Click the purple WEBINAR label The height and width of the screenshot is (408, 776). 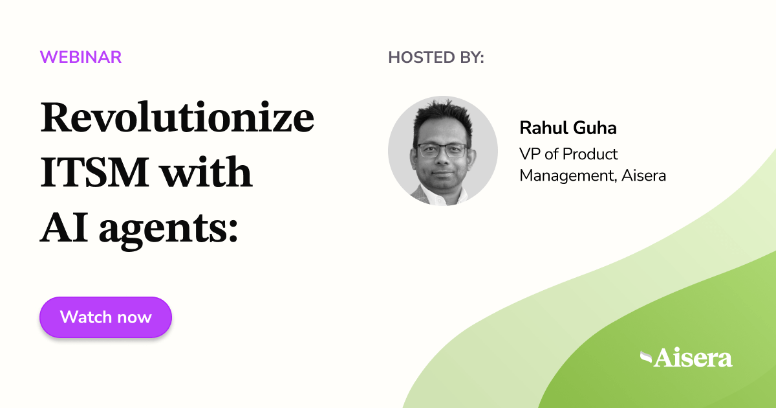[x=81, y=57]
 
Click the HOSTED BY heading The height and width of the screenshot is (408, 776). [x=436, y=57]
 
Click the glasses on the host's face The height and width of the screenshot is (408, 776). [x=442, y=150]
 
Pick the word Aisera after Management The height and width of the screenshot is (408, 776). [x=643, y=175]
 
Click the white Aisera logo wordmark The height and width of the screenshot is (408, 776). [x=693, y=357]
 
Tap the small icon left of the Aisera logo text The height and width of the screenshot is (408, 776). [x=645, y=356]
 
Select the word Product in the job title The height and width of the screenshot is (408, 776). [x=590, y=154]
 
